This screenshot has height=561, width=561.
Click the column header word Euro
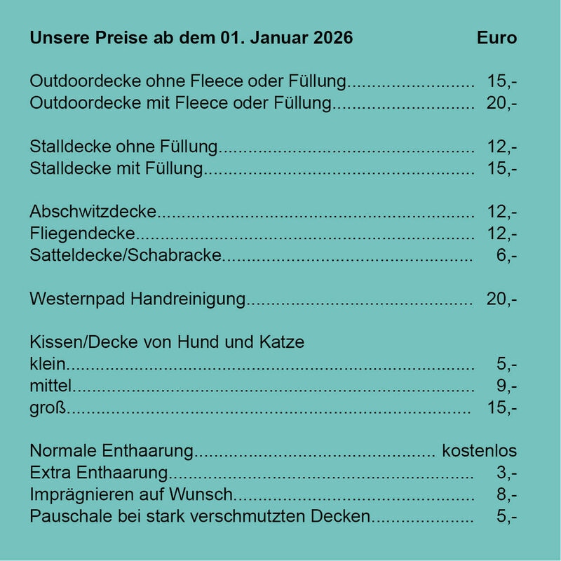pyautogui.click(x=496, y=38)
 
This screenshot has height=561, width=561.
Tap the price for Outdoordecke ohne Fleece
pyautogui.click(x=501, y=82)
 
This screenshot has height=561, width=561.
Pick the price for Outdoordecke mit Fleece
pyautogui.click(x=501, y=104)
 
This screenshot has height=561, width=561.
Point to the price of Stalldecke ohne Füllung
pyautogui.click(x=501, y=147)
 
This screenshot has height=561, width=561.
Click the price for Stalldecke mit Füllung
pyautogui.click(x=501, y=169)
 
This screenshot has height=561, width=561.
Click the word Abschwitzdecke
pyautogui.click(x=93, y=212)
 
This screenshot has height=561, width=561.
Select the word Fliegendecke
pyautogui.click(x=83, y=234)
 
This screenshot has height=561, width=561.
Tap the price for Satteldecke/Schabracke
pyautogui.click(x=506, y=256)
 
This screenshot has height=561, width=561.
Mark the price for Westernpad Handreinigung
pyautogui.click(x=501, y=299)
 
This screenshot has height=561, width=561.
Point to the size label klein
pyautogui.click(x=48, y=365)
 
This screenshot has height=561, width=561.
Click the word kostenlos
pyautogui.click(x=479, y=451)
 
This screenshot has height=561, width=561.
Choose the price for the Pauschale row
pyautogui.click(x=506, y=518)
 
